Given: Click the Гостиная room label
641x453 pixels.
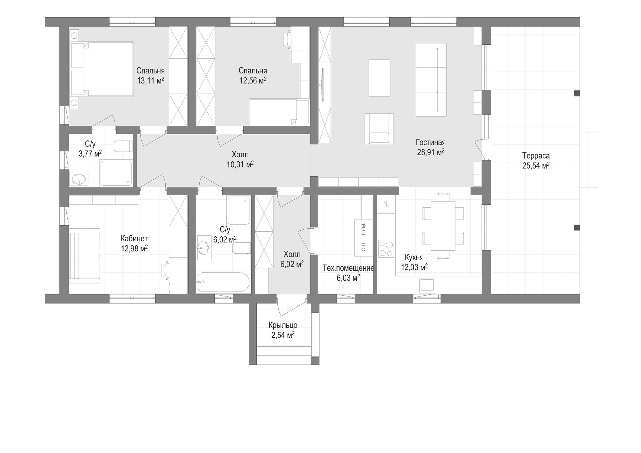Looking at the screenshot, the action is coord(431,143).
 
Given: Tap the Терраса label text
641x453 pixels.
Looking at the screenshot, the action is coord(536,156).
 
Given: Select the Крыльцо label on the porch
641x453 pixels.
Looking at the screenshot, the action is coord(283,325).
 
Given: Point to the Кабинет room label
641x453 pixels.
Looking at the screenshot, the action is coord(134,239).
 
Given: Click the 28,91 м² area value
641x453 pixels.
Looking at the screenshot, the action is coord(431,152).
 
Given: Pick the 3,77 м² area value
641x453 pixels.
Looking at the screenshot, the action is coord(90,154).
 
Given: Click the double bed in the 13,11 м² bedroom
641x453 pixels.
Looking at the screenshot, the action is coord(102,69).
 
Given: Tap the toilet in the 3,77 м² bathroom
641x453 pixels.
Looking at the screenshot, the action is coord(123,146).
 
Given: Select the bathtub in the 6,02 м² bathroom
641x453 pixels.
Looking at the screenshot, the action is coord(223,283).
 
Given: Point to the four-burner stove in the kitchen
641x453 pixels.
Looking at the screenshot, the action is coord(386,249).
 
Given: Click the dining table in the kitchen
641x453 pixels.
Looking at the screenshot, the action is coord(443,225).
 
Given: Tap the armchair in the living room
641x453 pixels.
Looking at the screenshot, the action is coord(379,129).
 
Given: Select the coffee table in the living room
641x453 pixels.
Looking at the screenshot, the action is coord(379,78).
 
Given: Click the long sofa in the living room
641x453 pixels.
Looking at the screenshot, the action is coord(431,80).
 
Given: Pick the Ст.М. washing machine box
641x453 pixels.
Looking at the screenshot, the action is coord(364,229).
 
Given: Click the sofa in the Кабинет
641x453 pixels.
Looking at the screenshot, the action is coord(85,256).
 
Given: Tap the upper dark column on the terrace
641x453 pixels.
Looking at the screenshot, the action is coord(577,93).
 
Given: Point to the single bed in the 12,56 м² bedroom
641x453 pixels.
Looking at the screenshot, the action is coord(279,111).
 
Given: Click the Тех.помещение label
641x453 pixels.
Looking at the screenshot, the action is coord(348,268).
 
